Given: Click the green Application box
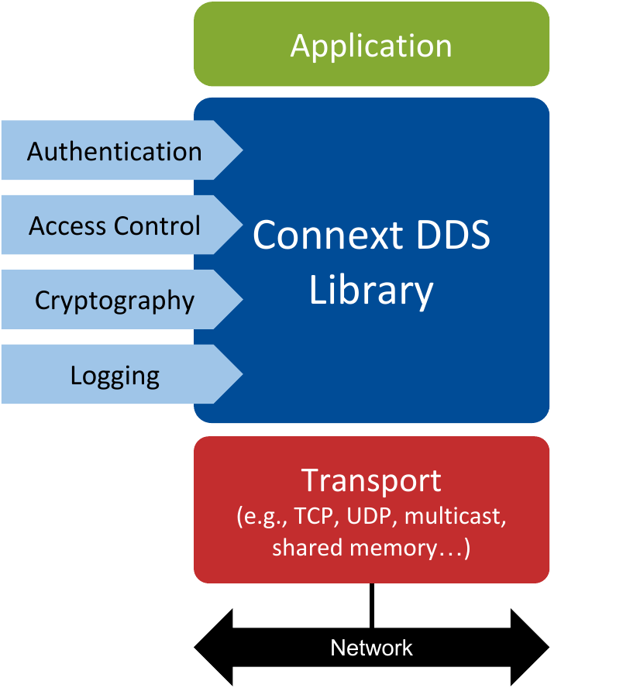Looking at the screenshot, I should tap(371, 45).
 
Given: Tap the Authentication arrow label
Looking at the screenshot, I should tap(115, 151).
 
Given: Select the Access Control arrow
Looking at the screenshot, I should tap(115, 225).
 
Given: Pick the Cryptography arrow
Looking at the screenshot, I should tap(115, 300).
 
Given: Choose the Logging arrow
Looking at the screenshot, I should tap(115, 375).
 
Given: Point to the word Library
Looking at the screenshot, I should tap(371, 291).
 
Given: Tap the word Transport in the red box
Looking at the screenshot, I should tap(371, 480).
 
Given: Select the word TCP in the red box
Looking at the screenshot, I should tap(311, 518).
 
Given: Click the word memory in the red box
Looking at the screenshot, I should tap(394, 548).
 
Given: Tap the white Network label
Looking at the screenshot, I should tap(371, 648).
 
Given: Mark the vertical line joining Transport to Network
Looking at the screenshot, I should tap(372, 605).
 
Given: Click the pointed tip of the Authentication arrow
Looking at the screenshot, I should tap(239, 150).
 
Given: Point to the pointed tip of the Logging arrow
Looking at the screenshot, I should tap(239, 374).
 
